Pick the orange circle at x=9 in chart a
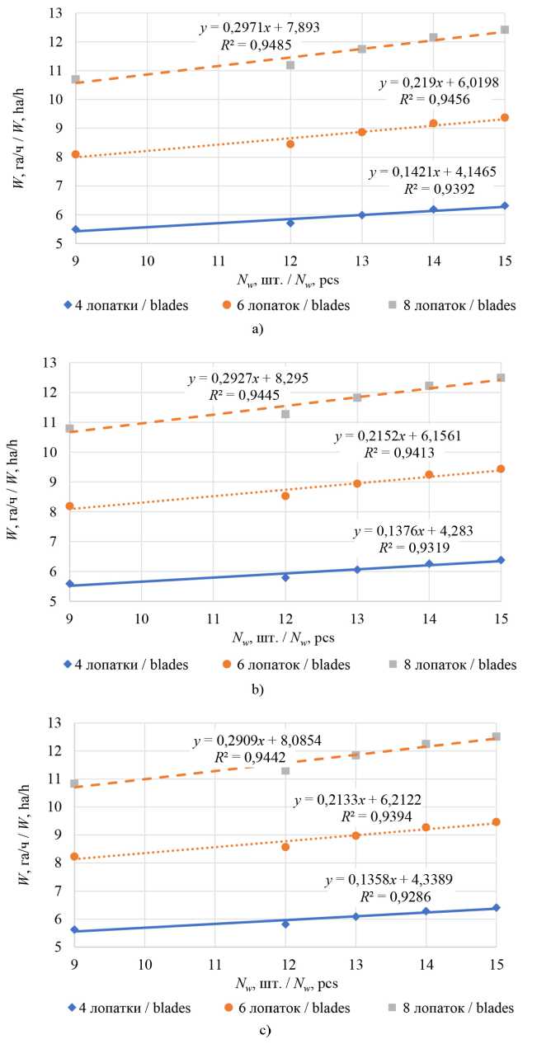click(x=75, y=154)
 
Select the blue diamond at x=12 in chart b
click(x=285, y=577)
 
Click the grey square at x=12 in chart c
click(x=285, y=770)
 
